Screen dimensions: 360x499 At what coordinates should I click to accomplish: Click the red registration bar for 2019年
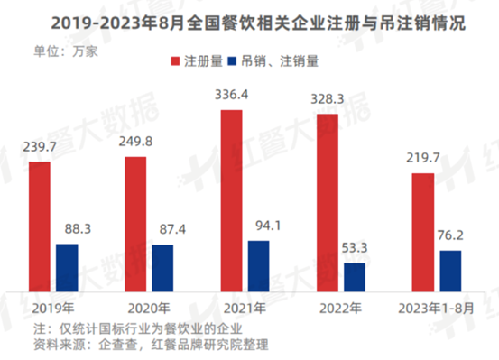point(39,226)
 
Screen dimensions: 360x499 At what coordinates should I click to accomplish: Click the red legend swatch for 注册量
point(176,61)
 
